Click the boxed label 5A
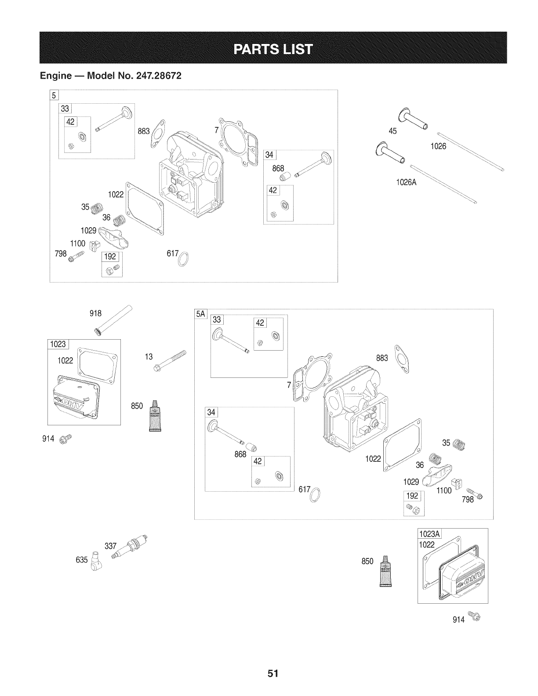click(x=200, y=315)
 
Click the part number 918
click(x=95, y=313)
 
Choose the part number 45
click(x=393, y=130)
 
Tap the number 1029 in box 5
click(x=89, y=230)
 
